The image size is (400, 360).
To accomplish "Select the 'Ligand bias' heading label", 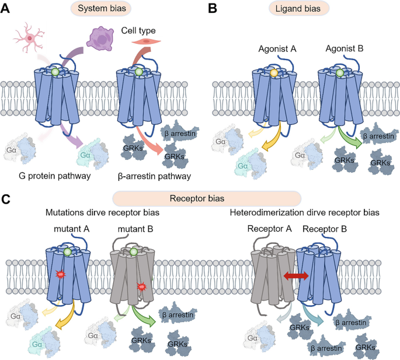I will tap(298, 8).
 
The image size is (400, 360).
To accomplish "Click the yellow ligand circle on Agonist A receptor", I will tap(273, 74).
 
